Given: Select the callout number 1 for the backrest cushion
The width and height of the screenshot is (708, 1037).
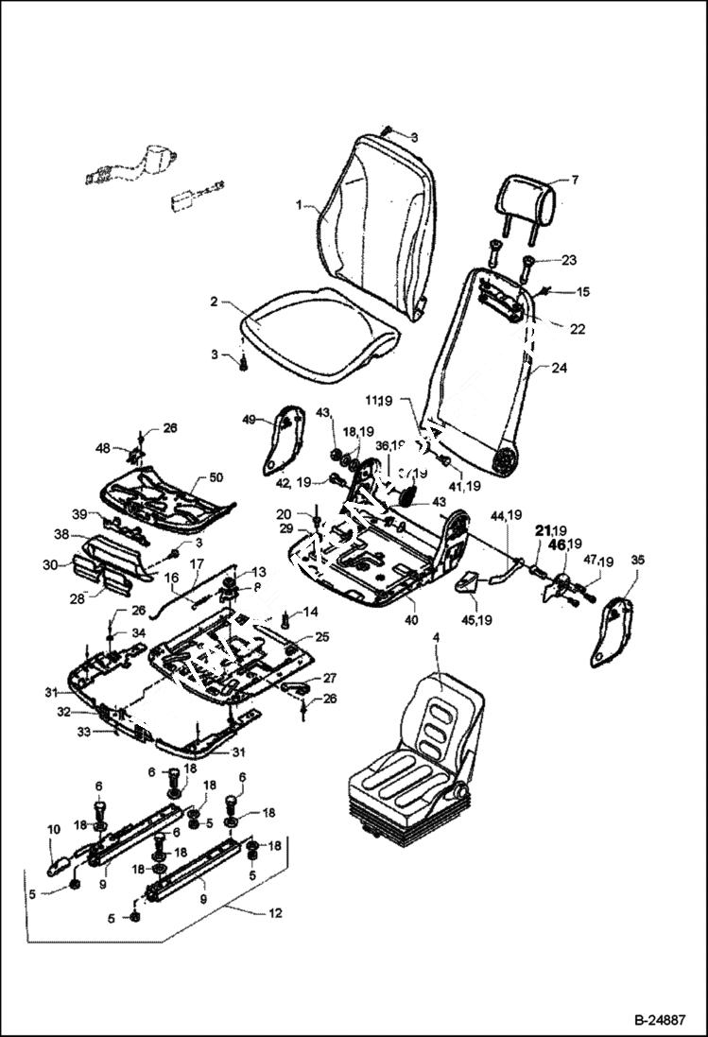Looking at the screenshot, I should [299, 205].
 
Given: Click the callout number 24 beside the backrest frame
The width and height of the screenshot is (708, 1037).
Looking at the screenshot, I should [560, 371].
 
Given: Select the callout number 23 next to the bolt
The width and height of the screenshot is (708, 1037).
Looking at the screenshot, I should [568, 259].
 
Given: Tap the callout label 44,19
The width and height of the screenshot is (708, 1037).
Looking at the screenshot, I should [506, 515].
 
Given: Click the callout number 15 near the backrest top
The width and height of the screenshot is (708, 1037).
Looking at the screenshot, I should [582, 292].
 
